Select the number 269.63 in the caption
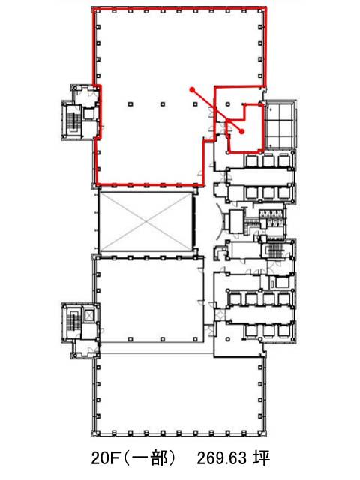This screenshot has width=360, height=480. pyautogui.click(x=222, y=458)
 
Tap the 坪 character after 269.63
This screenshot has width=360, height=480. pyautogui.click(x=261, y=458)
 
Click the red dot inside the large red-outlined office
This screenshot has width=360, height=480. pyautogui.click(x=192, y=89)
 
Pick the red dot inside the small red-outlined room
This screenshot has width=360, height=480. pyautogui.click(x=241, y=132)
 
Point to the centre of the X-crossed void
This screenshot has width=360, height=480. pyautogui.click(x=146, y=222)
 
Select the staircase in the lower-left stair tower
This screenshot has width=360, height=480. pyautogui.click(x=73, y=322)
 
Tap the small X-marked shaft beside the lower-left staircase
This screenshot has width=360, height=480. pyautogui.click(x=89, y=315)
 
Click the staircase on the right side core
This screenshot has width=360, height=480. pyautogui.click(x=275, y=252)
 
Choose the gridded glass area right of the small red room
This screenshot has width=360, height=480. pyautogui.click(x=280, y=125)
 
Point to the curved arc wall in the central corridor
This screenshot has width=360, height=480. pyautogui.click(x=219, y=222)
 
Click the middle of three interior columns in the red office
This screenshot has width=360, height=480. pyautogui.click(x=163, y=104)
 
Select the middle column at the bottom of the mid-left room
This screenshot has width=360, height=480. pyautogui.click(x=163, y=339)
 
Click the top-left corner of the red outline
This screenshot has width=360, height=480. pyautogui.click(x=94, y=9)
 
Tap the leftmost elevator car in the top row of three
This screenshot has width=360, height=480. pyautogui.click(x=252, y=161)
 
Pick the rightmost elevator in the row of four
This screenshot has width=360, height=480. pyautogui.click(x=284, y=299)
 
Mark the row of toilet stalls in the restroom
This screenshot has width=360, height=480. pyautogui.click(x=271, y=215)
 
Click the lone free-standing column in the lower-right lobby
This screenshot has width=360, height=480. pyautogui.click(x=228, y=339)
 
